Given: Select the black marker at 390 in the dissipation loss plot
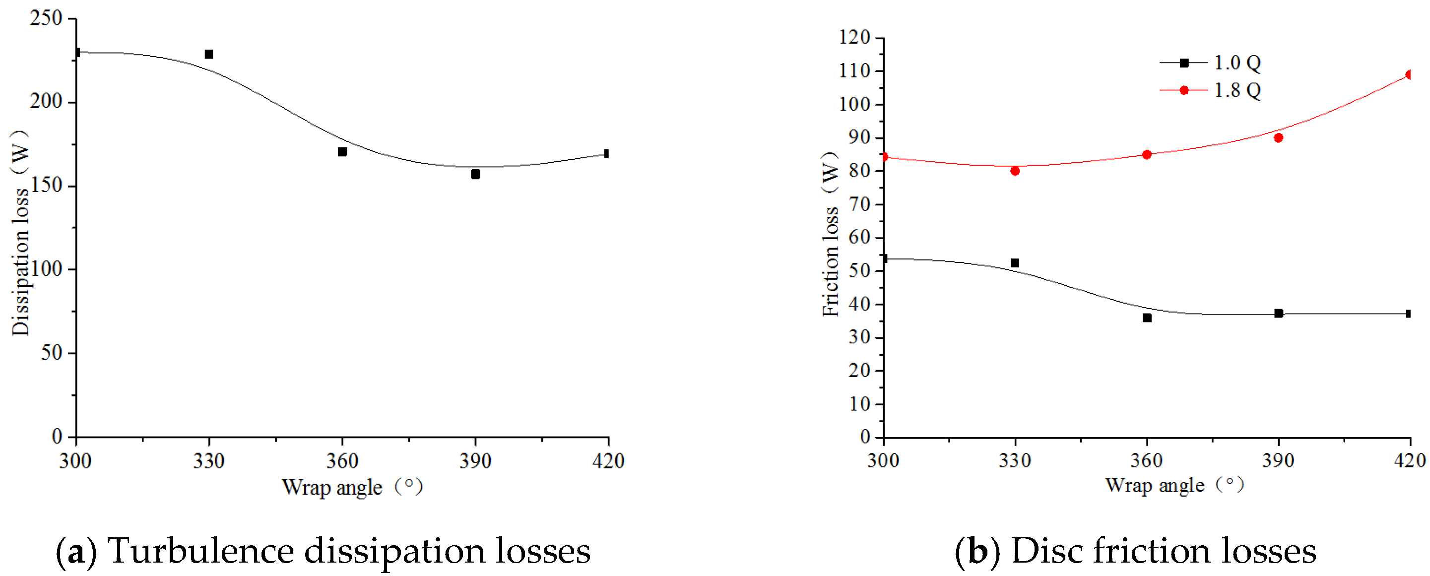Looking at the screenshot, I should (475, 174).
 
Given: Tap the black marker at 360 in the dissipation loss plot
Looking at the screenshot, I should (342, 151).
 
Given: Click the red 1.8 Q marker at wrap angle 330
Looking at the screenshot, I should (1015, 171).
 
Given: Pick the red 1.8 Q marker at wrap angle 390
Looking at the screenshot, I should (1279, 137).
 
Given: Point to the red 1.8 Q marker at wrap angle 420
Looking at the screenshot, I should (1410, 74).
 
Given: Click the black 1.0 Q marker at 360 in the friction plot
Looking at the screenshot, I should (1147, 318).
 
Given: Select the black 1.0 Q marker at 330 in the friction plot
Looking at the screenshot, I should (1015, 263).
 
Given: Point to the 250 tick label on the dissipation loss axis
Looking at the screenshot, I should (46, 18).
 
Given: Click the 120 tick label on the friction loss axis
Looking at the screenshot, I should (854, 37).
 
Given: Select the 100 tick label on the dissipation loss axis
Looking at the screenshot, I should (46, 269).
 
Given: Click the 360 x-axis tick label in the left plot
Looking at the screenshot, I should (342, 460).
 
